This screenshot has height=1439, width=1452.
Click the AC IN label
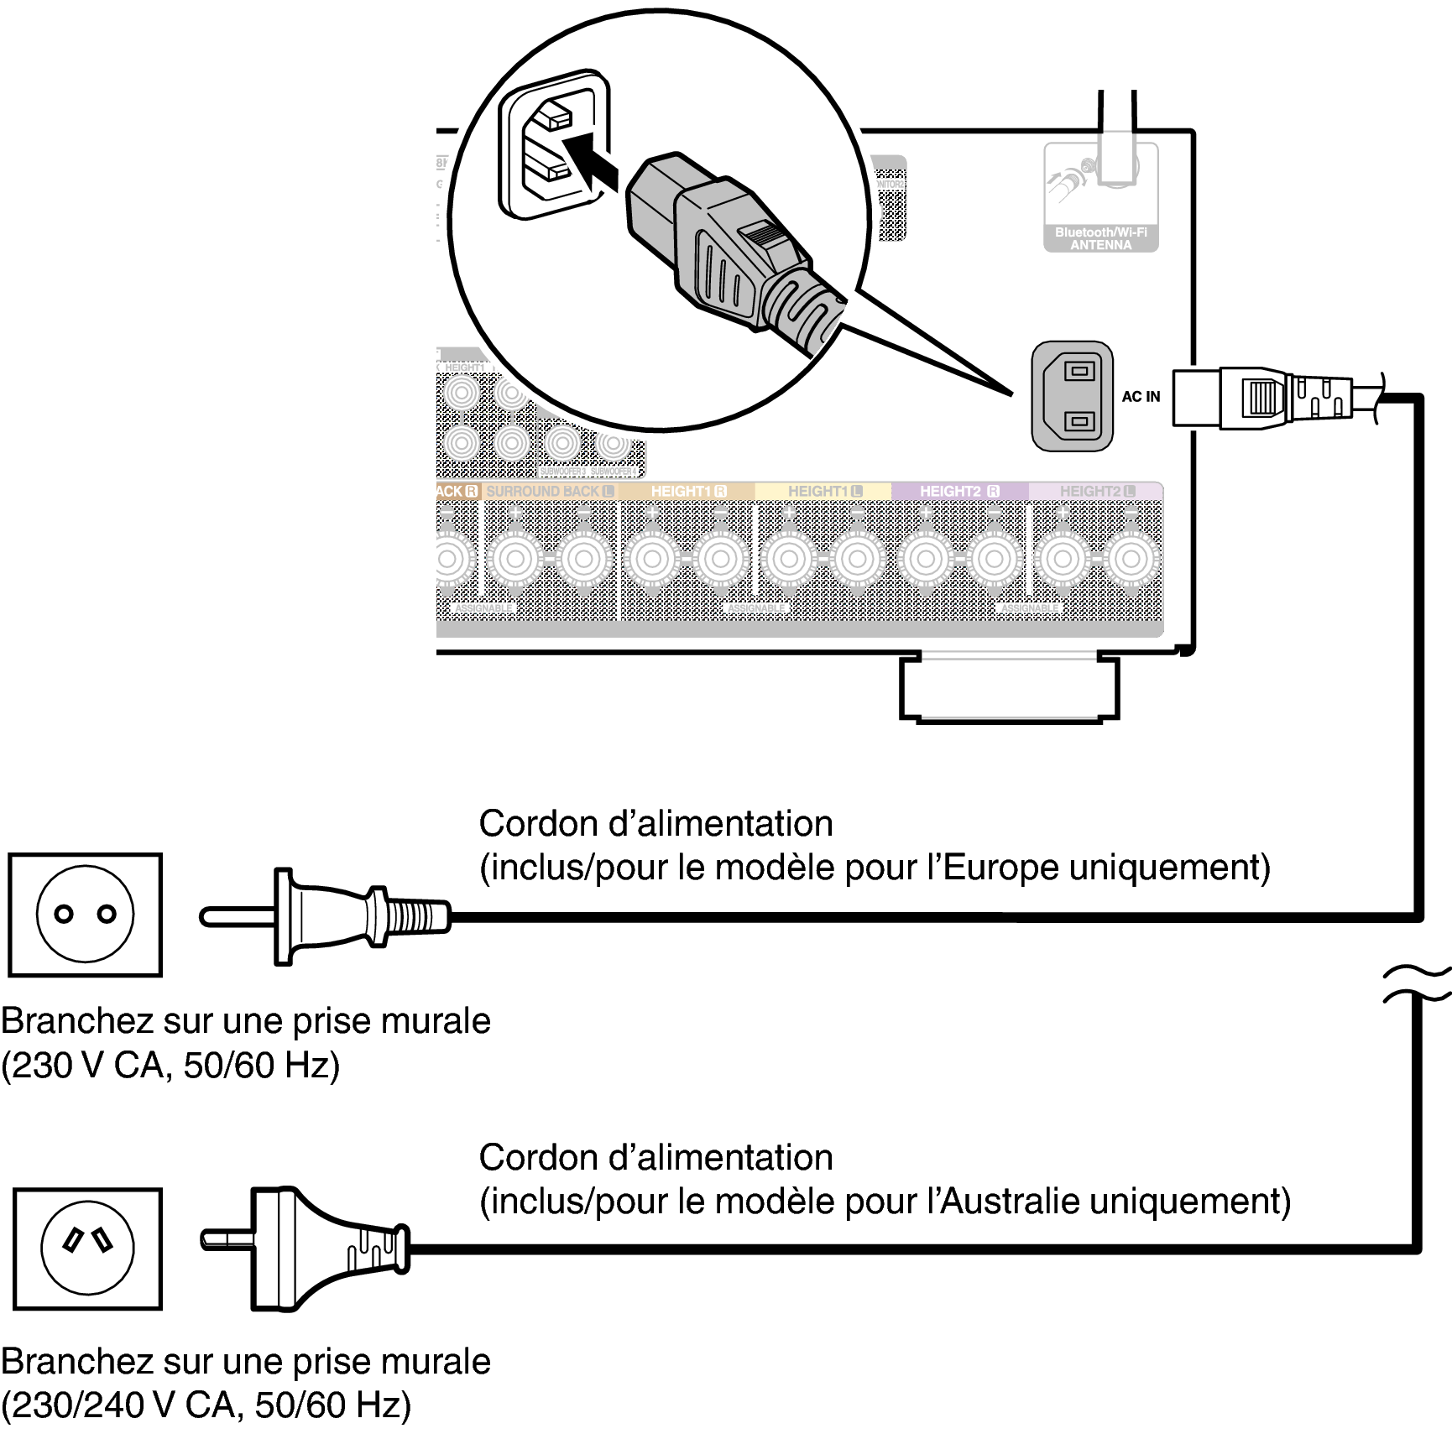pos(1141,397)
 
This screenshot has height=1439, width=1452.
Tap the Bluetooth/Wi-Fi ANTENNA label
pos(1100,238)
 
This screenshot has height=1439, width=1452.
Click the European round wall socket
pos(85,915)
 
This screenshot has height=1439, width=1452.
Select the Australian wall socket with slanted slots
pos(87,1249)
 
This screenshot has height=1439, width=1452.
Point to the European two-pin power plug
pos(327,915)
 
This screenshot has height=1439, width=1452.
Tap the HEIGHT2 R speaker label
pos(958,491)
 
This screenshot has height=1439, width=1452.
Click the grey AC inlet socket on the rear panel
pos(1072,396)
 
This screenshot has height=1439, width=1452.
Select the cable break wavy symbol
pos(1418,984)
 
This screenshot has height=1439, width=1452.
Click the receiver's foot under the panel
pos(1008,687)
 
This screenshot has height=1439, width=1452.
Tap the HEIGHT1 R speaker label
pos(688,491)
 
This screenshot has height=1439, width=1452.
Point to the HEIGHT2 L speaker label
pos(1096,491)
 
